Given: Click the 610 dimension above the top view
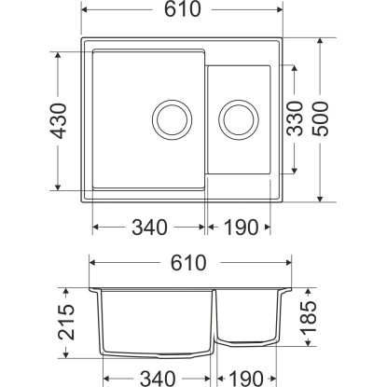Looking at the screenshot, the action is click(x=183, y=9).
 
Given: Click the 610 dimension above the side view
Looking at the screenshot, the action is click(x=188, y=263).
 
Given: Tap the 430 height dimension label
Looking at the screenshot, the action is click(x=59, y=121).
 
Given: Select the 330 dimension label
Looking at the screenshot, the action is click(x=295, y=118).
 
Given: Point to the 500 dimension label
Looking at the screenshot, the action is click(x=320, y=119).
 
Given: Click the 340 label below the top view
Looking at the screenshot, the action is click(x=150, y=228).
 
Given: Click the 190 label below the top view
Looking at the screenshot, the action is click(x=241, y=228).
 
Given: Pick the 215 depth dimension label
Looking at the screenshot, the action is click(x=66, y=322).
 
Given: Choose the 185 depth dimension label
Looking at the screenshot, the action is click(x=309, y=316).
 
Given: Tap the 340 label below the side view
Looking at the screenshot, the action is click(x=158, y=379).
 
